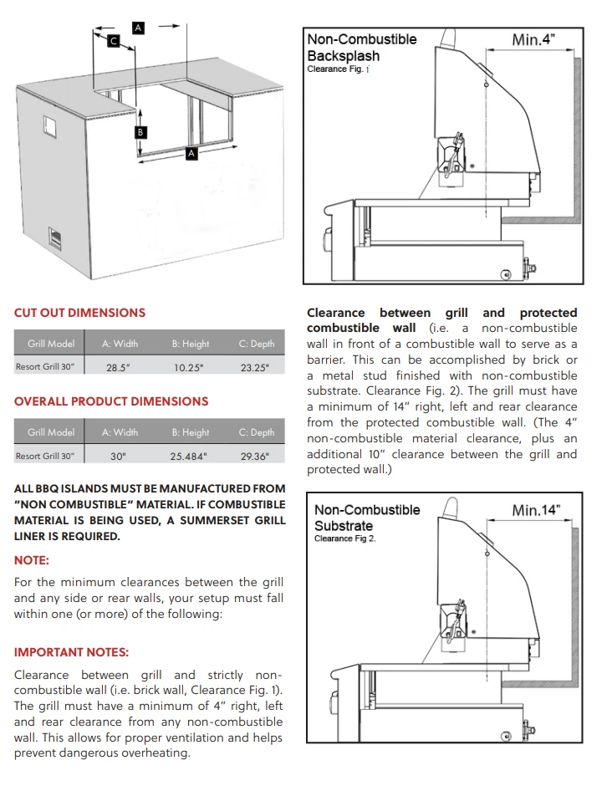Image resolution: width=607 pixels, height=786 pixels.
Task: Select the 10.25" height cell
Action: [189, 367]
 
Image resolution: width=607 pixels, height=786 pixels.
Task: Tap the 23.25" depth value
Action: [254, 367]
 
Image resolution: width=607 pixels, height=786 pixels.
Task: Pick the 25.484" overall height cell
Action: [189, 457]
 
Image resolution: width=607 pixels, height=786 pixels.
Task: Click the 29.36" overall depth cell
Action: [254, 457]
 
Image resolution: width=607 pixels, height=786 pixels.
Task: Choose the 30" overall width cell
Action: [118, 457]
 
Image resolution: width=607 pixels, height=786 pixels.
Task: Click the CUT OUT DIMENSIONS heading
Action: [79, 313]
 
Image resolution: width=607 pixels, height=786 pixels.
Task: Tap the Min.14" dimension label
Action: [536, 510]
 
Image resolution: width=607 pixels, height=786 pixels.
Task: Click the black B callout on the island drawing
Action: [141, 132]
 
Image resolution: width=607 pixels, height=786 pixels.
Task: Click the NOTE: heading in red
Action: [32, 560]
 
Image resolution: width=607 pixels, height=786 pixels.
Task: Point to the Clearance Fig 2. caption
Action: [344, 539]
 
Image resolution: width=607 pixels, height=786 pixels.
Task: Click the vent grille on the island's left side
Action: [55, 239]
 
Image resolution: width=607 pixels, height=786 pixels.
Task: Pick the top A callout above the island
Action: [139, 28]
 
